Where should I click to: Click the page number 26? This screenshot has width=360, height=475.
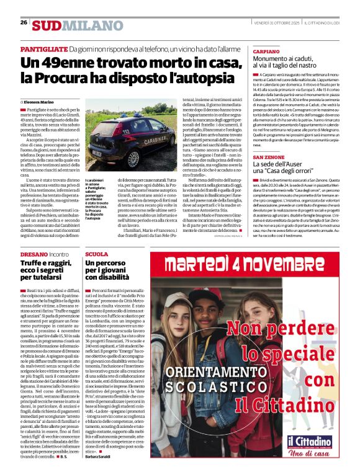pyautogui.click(x=23, y=22)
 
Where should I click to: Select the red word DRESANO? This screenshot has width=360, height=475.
pyautogui.click(x=34, y=254)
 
